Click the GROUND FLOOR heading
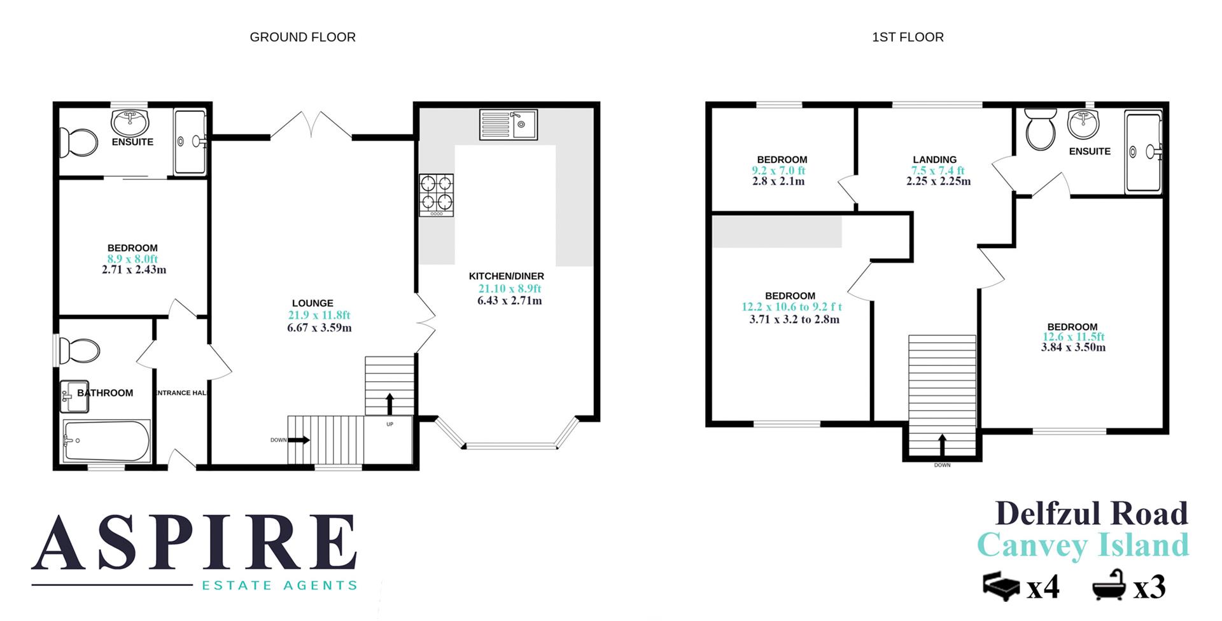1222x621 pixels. point(302,38)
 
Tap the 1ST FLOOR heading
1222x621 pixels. point(908,38)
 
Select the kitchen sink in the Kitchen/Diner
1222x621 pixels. point(508,125)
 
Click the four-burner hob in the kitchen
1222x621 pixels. point(437,193)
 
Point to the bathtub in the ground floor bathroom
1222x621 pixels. point(107,440)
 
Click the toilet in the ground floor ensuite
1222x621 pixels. point(79,142)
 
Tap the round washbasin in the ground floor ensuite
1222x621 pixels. point(130,121)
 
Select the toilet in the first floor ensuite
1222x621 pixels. point(1041,129)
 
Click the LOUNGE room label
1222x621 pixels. point(313,304)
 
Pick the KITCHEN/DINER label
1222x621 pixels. point(507,276)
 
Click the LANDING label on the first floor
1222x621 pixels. point(934,160)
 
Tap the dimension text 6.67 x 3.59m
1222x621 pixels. point(320,328)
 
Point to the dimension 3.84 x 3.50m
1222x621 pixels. point(1073,347)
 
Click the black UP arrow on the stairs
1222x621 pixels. point(390,403)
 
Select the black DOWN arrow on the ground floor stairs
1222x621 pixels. point(300,440)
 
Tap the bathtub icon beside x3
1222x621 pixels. point(1109,585)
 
